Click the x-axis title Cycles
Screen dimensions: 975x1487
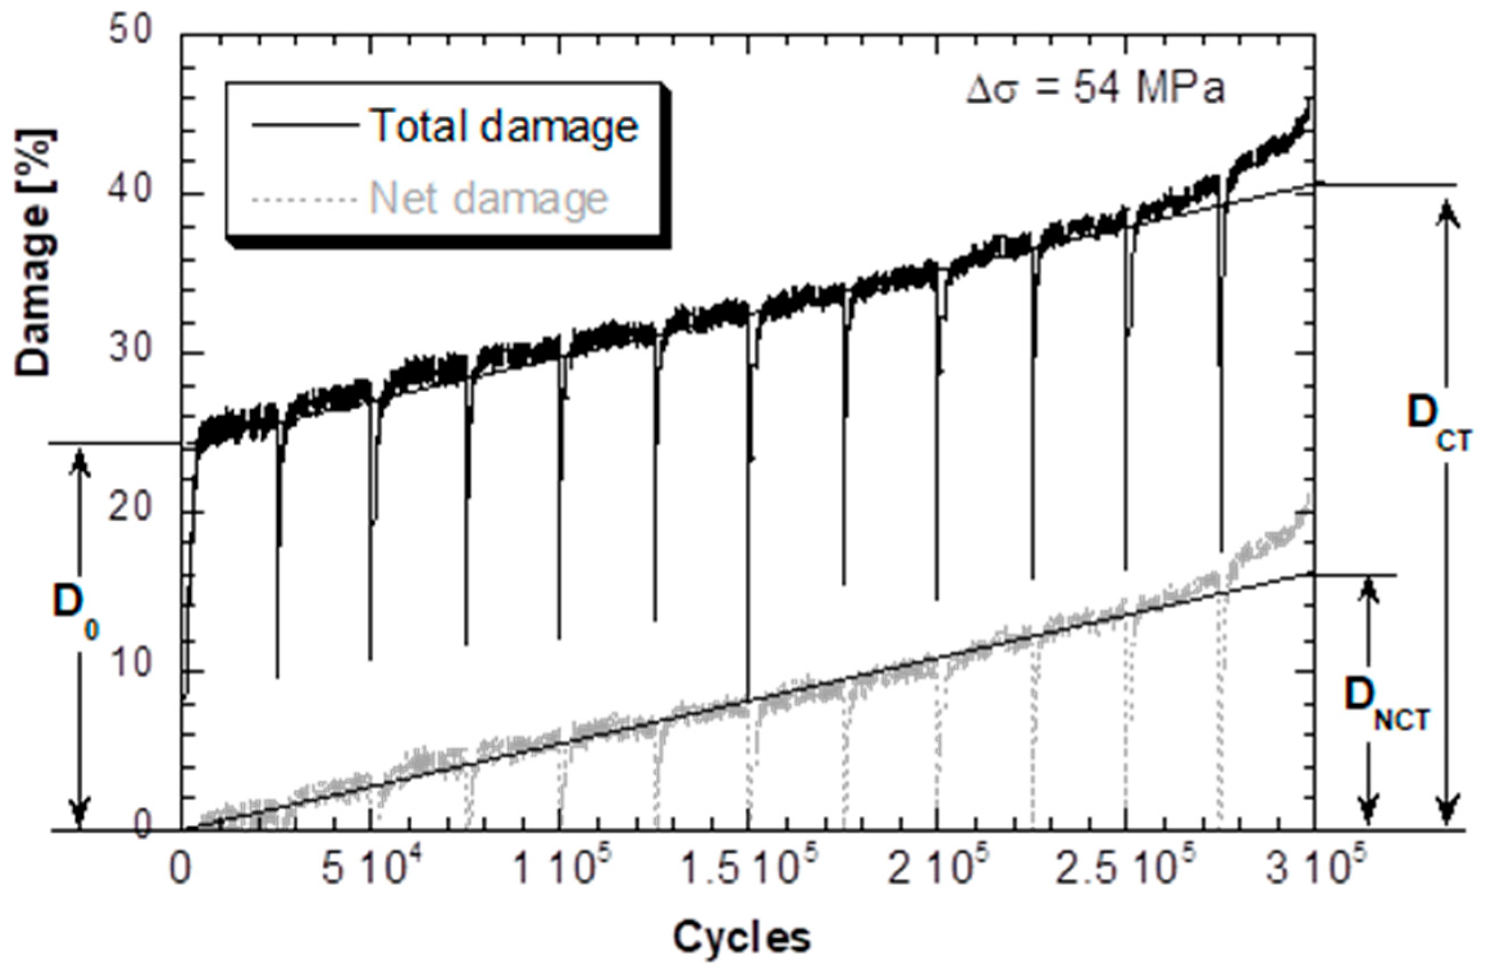click(x=742, y=938)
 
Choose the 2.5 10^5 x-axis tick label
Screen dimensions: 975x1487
click(x=1122, y=871)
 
